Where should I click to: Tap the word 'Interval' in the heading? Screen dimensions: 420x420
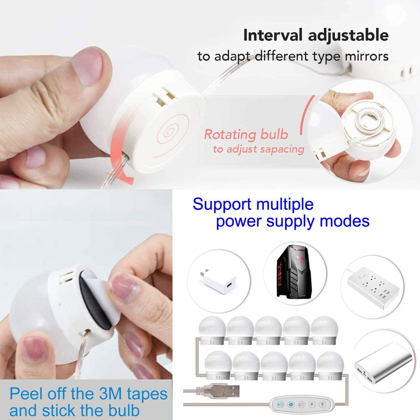pos(274,36)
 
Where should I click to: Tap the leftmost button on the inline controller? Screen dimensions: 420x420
pos(281,405)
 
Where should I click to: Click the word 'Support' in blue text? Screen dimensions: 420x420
pos(219,205)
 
